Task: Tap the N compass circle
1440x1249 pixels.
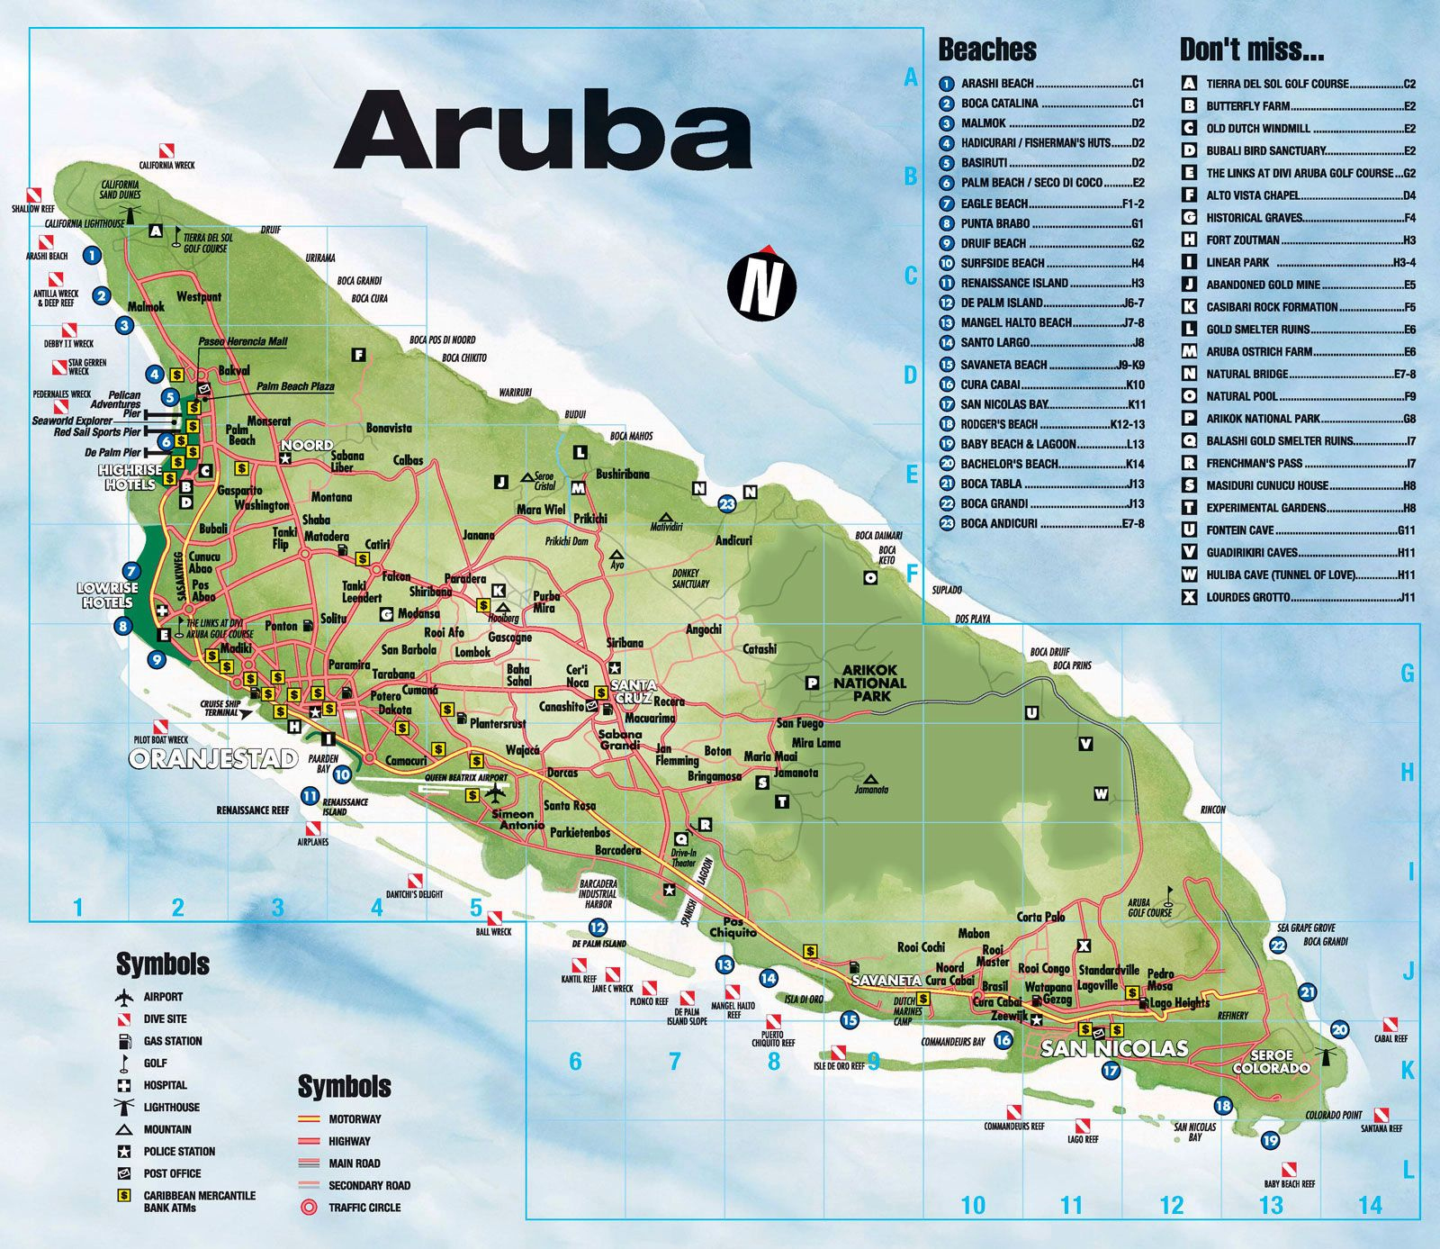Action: pyautogui.click(x=761, y=285)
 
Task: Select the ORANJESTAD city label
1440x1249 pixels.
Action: pyautogui.click(x=213, y=758)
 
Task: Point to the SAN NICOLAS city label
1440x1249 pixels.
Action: pyautogui.click(x=1114, y=1048)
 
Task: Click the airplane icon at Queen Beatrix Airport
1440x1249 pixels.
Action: pyautogui.click(x=494, y=793)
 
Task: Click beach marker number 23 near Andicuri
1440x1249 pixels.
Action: pyautogui.click(x=727, y=503)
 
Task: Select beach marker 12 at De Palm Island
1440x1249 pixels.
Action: pyautogui.click(x=598, y=928)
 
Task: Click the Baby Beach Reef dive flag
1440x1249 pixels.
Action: pyautogui.click(x=1290, y=1170)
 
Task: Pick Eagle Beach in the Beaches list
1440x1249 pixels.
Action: pyautogui.click(x=994, y=204)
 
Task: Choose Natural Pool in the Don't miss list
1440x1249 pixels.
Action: pyautogui.click(x=1241, y=396)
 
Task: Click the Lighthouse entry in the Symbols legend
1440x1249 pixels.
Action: pyautogui.click(x=171, y=1107)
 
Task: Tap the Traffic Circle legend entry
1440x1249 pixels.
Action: pyautogui.click(x=364, y=1208)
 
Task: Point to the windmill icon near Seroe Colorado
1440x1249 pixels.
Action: pyautogui.click(x=1326, y=1054)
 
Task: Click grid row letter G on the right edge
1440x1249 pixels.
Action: pyautogui.click(x=1407, y=673)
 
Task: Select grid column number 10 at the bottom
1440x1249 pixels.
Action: pyautogui.click(x=973, y=1205)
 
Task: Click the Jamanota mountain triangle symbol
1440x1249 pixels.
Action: pyautogui.click(x=869, y=778)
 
